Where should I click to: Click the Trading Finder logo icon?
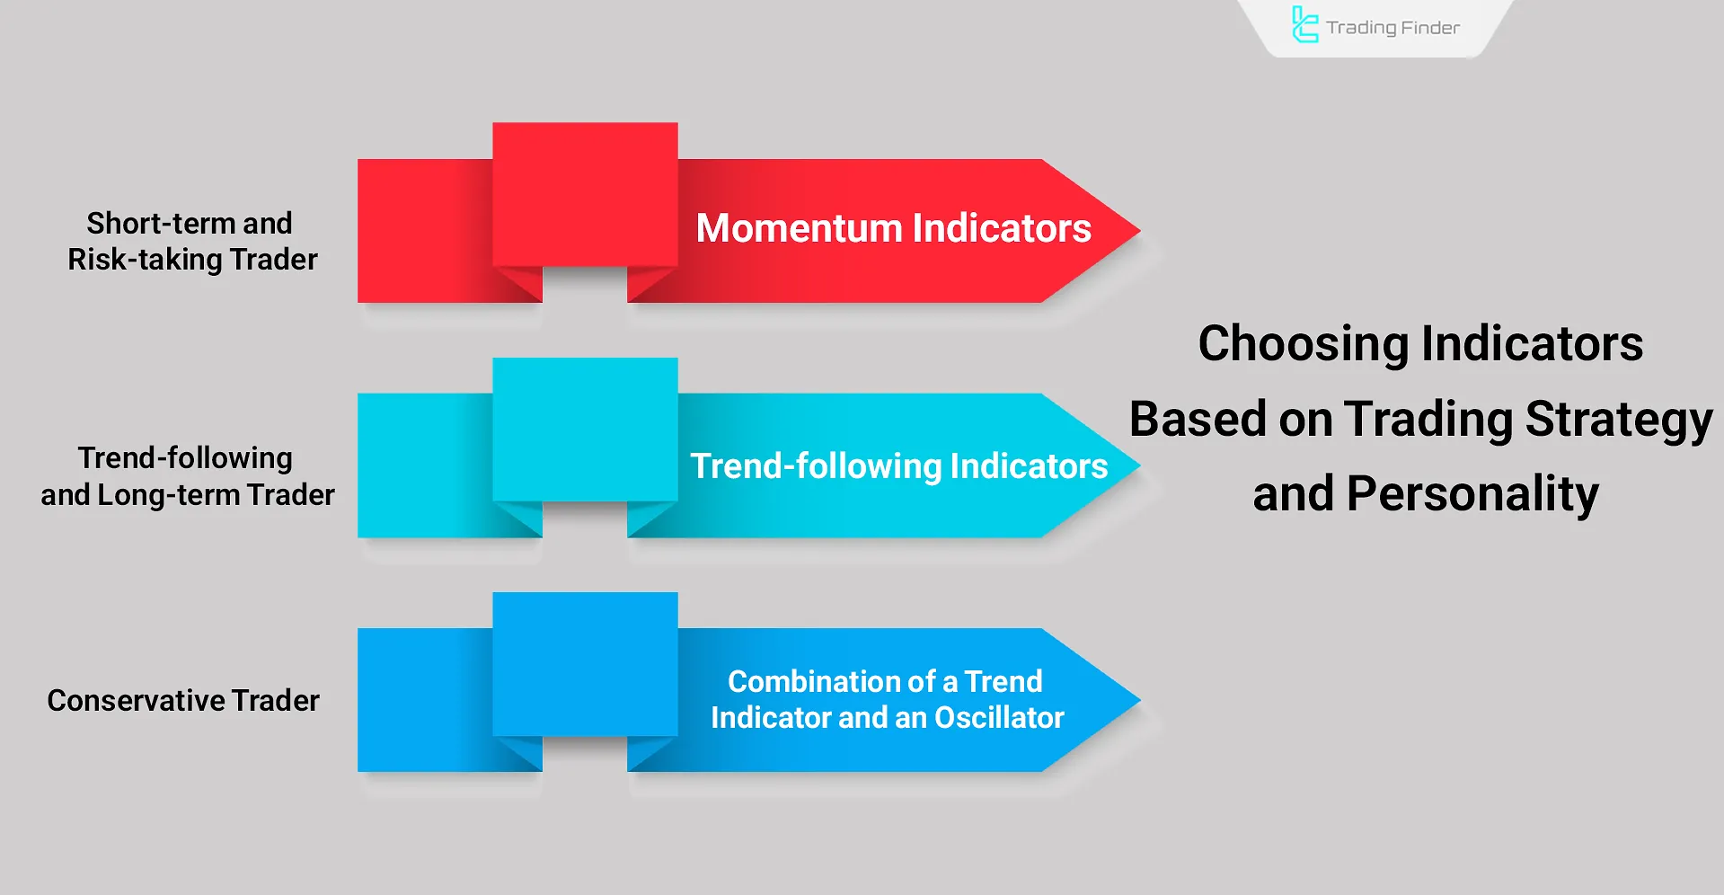1304,24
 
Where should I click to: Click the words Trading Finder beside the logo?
1392,28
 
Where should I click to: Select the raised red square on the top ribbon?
585,194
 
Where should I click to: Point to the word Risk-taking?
145,260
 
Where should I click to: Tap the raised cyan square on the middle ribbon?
585,430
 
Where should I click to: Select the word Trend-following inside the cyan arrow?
815,466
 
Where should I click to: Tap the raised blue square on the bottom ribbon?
585,664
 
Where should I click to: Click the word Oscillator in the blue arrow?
999,718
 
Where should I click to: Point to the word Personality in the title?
1472,494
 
